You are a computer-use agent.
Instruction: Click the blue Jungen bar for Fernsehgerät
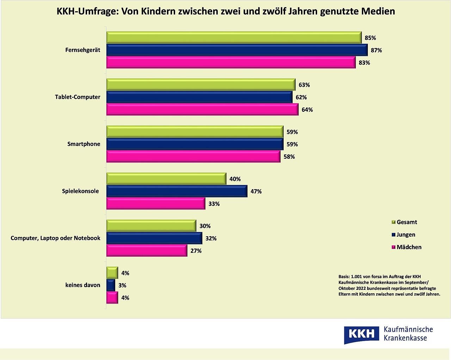click(237, 50)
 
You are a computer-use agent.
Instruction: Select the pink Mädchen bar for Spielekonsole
click(156, 204)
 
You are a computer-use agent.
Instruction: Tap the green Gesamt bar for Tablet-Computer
click(201, 85)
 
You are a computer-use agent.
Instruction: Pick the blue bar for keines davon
click(111, 285)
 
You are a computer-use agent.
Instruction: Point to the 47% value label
click(256, 191)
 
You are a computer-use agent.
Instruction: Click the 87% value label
click(376, 50)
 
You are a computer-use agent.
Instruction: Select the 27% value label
click(196, 251)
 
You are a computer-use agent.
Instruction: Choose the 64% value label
click(307, 110)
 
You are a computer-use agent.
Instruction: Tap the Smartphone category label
click(84, 144)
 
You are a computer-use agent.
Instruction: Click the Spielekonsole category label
click(80, 191)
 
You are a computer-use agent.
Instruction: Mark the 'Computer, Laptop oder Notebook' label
click(56, 238)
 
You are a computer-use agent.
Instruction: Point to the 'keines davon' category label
click(83, 285)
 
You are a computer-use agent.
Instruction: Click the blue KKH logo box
click(362, 334)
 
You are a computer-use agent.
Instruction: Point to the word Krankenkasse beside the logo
click(405, 338)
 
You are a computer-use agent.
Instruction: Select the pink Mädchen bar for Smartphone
click(193, 157)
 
